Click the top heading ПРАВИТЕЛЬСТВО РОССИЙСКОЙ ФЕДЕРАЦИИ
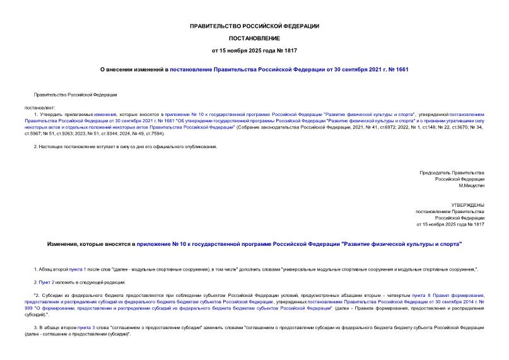click(254, 26)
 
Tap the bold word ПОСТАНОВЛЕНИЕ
click(254, 38)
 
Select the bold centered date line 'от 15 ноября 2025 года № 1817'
click(254, 50)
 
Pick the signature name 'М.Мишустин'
click(471, 185)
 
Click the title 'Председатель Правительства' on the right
click(452, 173)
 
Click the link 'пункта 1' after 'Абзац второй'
click(76, 269)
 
